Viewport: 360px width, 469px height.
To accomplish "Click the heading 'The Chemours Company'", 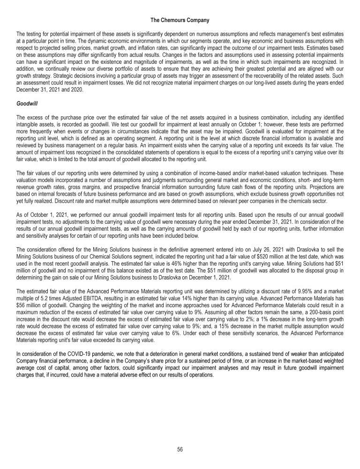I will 180,20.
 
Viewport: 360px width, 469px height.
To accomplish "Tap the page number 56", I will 180,449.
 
